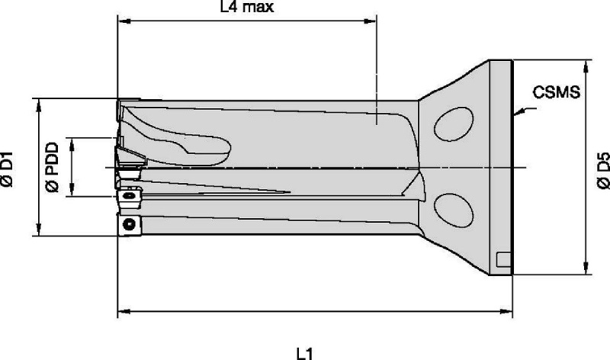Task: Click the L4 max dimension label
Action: tap(247, 7)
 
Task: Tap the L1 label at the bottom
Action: tap(305, 354)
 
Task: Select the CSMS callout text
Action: tap(557, 92)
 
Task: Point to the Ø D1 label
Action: tap(7, 169)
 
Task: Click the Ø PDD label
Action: tap(52, 167)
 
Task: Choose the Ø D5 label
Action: tap(603, 170)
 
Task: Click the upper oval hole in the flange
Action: tap(454, 124)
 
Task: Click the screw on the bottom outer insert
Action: tap(129, 224)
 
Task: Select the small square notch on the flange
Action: tap(504, 259)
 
